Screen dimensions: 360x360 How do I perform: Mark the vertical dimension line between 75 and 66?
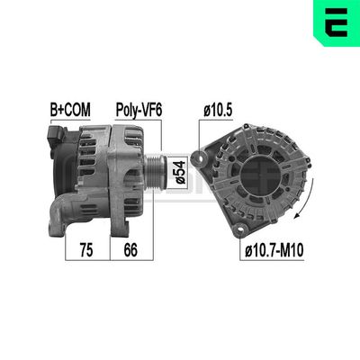click(x=110, y=225)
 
